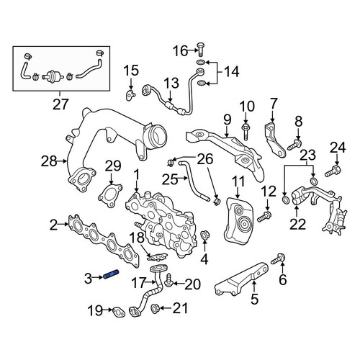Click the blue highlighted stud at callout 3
[112, 274]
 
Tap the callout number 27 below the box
[60, 104]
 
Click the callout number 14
[231, 71]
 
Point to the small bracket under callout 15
[130, 95]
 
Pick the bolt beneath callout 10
[246, 131]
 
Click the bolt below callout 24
[333, 171]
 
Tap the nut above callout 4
[205, 235]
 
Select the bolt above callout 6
[278, 259]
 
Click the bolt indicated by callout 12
[264, 216]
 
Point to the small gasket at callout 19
[119, 312]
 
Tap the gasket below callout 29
[110, 195]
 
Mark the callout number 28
[49, 161]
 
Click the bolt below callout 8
[294, 144]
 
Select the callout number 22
[297, 224]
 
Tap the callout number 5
[254, 299]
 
